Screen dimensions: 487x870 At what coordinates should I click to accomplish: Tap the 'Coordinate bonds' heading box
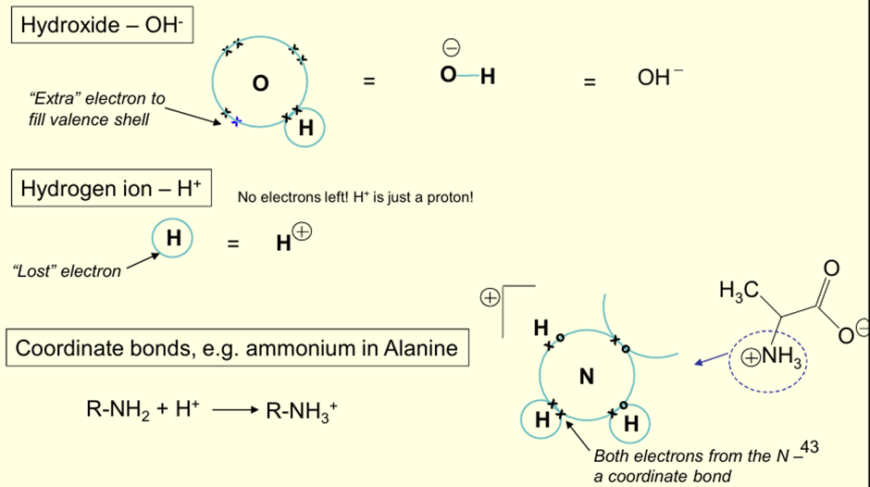click(x=237, y=349)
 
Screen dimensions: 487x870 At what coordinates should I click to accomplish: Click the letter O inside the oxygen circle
click(x=260, y=84)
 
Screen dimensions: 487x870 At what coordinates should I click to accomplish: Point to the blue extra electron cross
click(x=236, y=121)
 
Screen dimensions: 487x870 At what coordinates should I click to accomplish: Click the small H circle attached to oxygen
click(x=305, y=130)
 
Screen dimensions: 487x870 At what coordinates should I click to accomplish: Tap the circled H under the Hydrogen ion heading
click(x=173, y=239)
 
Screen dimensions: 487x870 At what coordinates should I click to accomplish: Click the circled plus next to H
click(x=303, y=234)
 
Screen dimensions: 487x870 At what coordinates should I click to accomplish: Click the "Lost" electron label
click(x=67, y=271)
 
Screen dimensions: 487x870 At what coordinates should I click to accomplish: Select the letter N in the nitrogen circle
click(x=586, y=376)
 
